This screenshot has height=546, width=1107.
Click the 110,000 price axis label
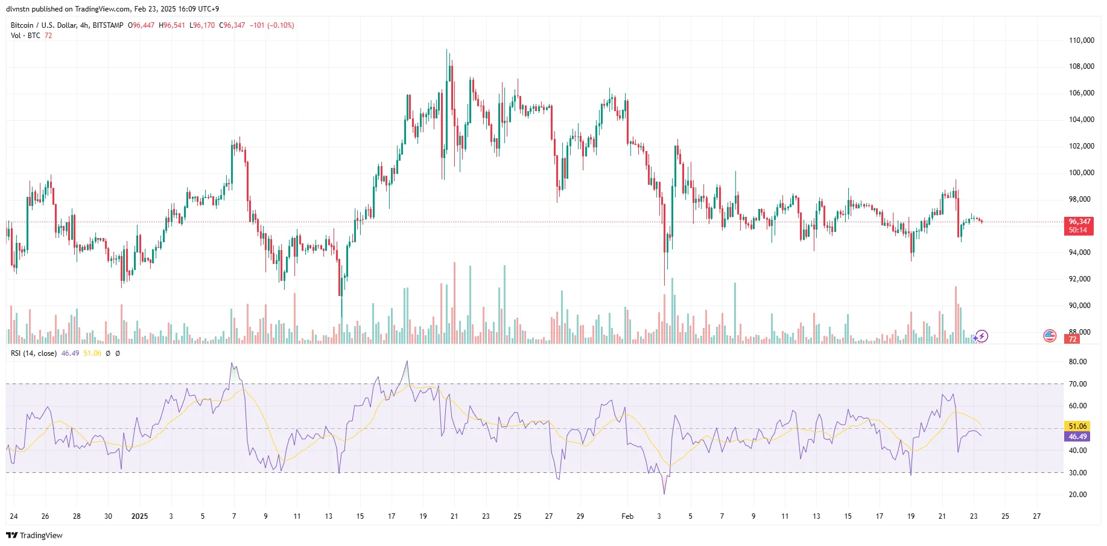click(x=1081, y=40)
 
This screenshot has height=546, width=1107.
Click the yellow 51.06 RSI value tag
click(x=1077, y=426)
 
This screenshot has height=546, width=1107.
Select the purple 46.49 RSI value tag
click(x=1077, y=437)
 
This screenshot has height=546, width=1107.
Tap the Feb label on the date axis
click(x=627, y=516)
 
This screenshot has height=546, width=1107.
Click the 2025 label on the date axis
click(x=139, y=516)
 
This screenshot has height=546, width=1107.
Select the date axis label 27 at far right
click(x=1036, y=516)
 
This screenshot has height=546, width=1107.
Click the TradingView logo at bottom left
click(x=34, y=536)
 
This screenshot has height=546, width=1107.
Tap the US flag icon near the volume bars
click(x=1050, y=336)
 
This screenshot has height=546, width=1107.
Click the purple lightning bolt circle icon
click(x=982, y=336)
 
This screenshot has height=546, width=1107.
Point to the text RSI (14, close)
click(x=34, y=353)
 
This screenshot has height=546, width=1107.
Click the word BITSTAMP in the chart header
click(x=108, y=25)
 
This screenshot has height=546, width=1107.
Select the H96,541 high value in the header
click(x=172, y=25)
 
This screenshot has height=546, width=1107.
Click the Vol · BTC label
click(x=25, y=36)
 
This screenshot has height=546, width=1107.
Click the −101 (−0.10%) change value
click(x=272, y=25)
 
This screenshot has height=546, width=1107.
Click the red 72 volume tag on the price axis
click(x=1073, y=339)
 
